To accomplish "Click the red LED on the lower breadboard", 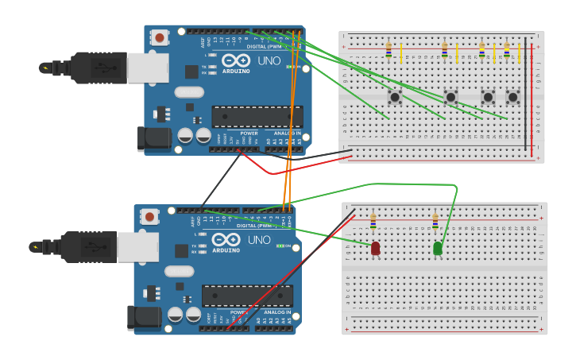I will point(375,249).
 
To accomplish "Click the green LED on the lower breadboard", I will point(438,249).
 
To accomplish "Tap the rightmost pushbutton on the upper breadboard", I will point(512,97).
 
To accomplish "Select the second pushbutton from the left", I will point(450,97).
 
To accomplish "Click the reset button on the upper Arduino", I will point(160,37).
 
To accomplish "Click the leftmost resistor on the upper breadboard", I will point(389,50).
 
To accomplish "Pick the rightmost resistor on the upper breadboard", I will point(507,50).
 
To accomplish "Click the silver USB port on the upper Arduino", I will point(148,68).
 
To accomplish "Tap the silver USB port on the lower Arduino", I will point(138,247).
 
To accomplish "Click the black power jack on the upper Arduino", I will point(153,138).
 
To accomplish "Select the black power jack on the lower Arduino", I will point(144,318).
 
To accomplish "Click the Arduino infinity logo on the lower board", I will point(226,240).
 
